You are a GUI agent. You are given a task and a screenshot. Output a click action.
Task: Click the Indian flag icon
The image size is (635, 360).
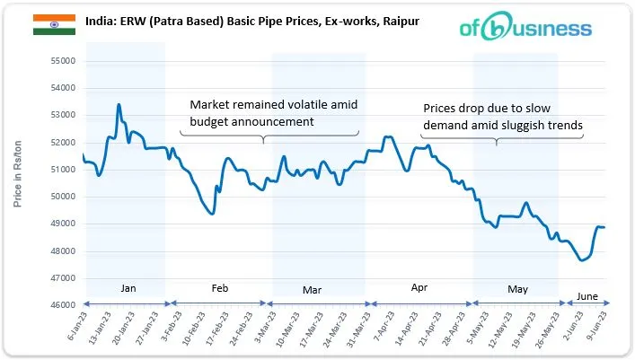pyautogui.click(x=54, y=24)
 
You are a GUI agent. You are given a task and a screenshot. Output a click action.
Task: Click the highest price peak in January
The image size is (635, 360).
pyautogui.click(x=119, y=105)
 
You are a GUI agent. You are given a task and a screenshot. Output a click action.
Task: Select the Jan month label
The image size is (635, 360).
pyautogui.click(x=128, y=288)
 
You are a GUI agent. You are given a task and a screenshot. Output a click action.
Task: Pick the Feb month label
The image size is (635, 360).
pyautogui.click(x=220, y=288)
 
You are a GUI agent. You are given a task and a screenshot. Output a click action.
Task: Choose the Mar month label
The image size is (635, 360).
pyautogui.click(x=313, y=289)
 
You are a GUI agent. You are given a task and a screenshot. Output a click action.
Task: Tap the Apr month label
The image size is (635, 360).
pyautogui.click(x=419, y=288)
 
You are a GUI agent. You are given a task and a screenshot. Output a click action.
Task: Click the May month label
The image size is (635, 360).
pyautogui.click(x=517, y=289)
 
